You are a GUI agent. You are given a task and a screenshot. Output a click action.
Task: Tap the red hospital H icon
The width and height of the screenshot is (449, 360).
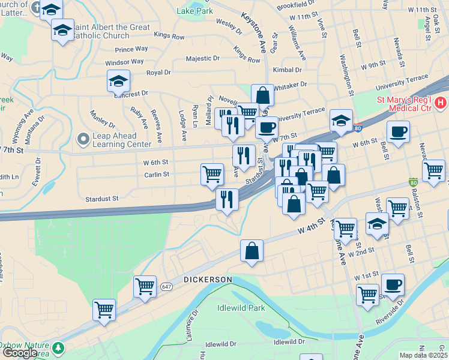click(x=442, y=104)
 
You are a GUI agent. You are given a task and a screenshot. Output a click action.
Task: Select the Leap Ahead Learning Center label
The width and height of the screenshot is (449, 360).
click(x=122, y=140)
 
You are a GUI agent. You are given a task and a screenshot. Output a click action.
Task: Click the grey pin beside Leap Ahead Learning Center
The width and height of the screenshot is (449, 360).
click(x=83, y=139)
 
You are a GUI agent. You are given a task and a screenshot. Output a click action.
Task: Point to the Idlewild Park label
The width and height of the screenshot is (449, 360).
click(x=241, y=308)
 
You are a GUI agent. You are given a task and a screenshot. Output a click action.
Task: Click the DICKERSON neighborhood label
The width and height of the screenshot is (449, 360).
click(x=208, y=280)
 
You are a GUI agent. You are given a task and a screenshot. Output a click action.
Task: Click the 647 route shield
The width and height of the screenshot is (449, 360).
click(x=166, y=288)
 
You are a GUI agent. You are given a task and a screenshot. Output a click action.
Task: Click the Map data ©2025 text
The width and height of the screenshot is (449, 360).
click(x=423, y=355)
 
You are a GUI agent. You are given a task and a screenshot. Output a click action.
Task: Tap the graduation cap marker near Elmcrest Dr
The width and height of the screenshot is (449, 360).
click(x=119, y=81)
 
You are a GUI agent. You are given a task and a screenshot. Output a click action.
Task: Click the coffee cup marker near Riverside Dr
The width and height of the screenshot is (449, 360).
click(x=393, y=284)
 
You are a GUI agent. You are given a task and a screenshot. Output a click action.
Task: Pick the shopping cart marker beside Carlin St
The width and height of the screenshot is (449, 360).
click(x=212, y=175)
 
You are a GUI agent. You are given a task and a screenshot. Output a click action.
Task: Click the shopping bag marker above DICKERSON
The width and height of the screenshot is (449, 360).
click(x=252, y=251)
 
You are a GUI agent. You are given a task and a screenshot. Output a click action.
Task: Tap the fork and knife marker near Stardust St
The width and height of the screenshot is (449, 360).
click(x=226, y=199)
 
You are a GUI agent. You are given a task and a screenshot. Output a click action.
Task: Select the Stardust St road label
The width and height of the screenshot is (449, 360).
click(x=102, y=198)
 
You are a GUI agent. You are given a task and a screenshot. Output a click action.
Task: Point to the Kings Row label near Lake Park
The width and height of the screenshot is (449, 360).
click(x=169, y=37)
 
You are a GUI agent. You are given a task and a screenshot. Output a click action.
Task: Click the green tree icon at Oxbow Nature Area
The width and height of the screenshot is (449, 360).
click(x=58, y=348)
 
